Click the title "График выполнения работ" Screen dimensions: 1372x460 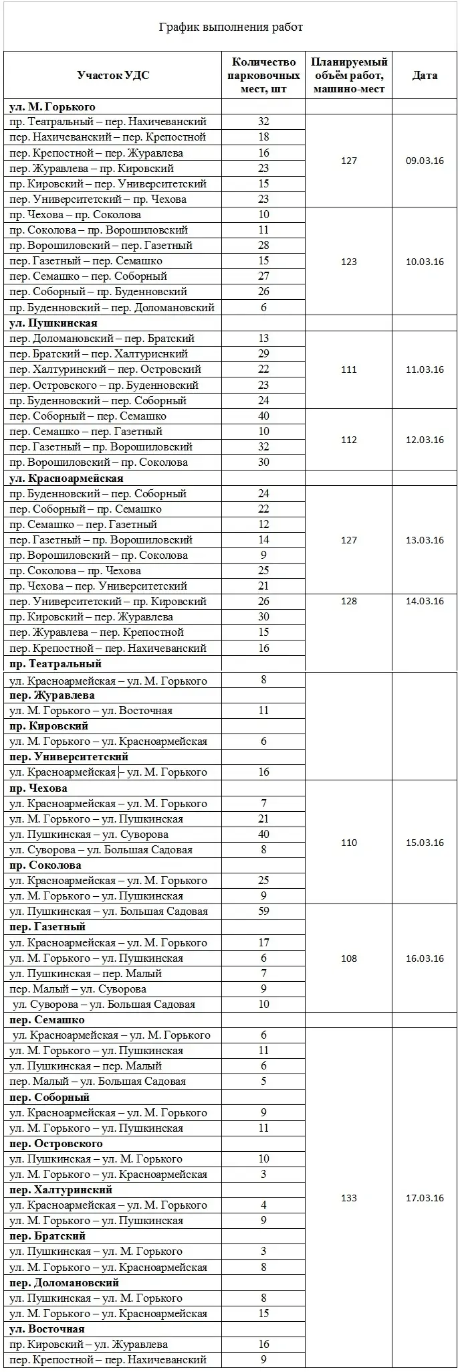230,27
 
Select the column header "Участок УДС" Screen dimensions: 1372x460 113,75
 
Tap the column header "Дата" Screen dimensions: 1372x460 425,75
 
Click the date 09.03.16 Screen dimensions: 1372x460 425,161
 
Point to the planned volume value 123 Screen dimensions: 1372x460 348,262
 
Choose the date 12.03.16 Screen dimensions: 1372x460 425,440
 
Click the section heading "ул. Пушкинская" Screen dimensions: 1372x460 53,323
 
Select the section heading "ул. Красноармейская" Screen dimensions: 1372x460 66,479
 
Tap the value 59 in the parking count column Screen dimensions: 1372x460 263,911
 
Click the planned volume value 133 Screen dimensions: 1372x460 348,1198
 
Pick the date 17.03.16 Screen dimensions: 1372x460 425,1198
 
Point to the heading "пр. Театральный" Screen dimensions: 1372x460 55,664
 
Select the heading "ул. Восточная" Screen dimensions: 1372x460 47,1328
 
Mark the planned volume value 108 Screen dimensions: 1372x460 348,958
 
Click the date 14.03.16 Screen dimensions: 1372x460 425,601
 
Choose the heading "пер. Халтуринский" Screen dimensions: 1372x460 61,1189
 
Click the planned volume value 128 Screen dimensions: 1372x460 348,601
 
